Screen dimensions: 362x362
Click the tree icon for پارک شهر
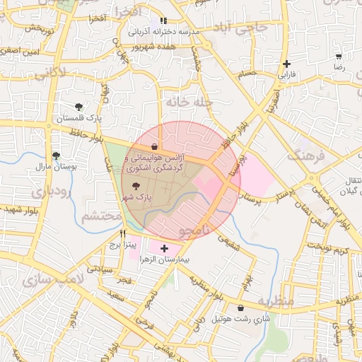[136, 184]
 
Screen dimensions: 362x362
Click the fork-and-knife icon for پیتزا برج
[123, 234]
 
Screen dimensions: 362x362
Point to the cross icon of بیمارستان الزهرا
[165, 248]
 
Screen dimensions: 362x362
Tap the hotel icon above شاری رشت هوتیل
[243, 308]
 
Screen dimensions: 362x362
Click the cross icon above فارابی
[286, 64]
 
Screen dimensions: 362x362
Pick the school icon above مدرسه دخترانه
[164, 21]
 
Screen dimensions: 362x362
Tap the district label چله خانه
[189, 103]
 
